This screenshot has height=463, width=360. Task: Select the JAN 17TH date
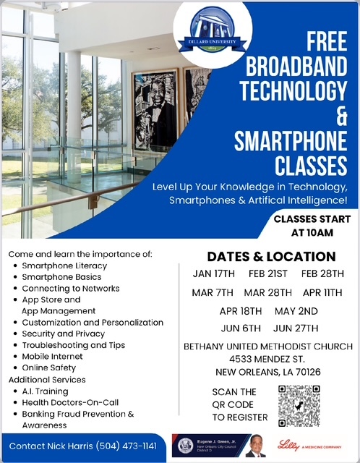(214, 274)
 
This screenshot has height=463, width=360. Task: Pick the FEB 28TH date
(322, 274)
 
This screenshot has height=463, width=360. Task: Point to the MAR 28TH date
(267, 293)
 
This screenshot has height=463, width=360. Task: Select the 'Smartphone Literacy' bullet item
(64, 266)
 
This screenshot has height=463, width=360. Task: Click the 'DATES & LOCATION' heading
(271, 257)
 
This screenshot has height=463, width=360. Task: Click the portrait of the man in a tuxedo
(155, 109)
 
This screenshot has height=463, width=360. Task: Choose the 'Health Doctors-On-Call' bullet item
(70, 402)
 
